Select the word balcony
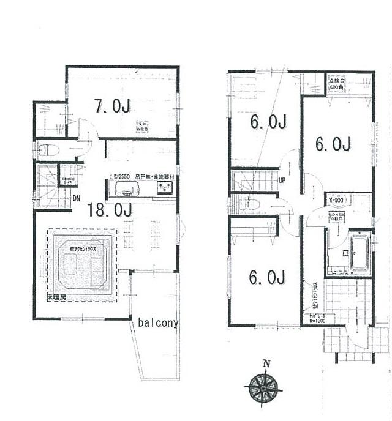tap(158, 323)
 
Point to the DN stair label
tap(77, 198)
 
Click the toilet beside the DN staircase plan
tap(47, 149)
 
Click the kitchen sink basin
tap(120, 187)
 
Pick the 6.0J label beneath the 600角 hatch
tap(333, 144)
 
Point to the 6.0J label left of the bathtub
tap(266, 278)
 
